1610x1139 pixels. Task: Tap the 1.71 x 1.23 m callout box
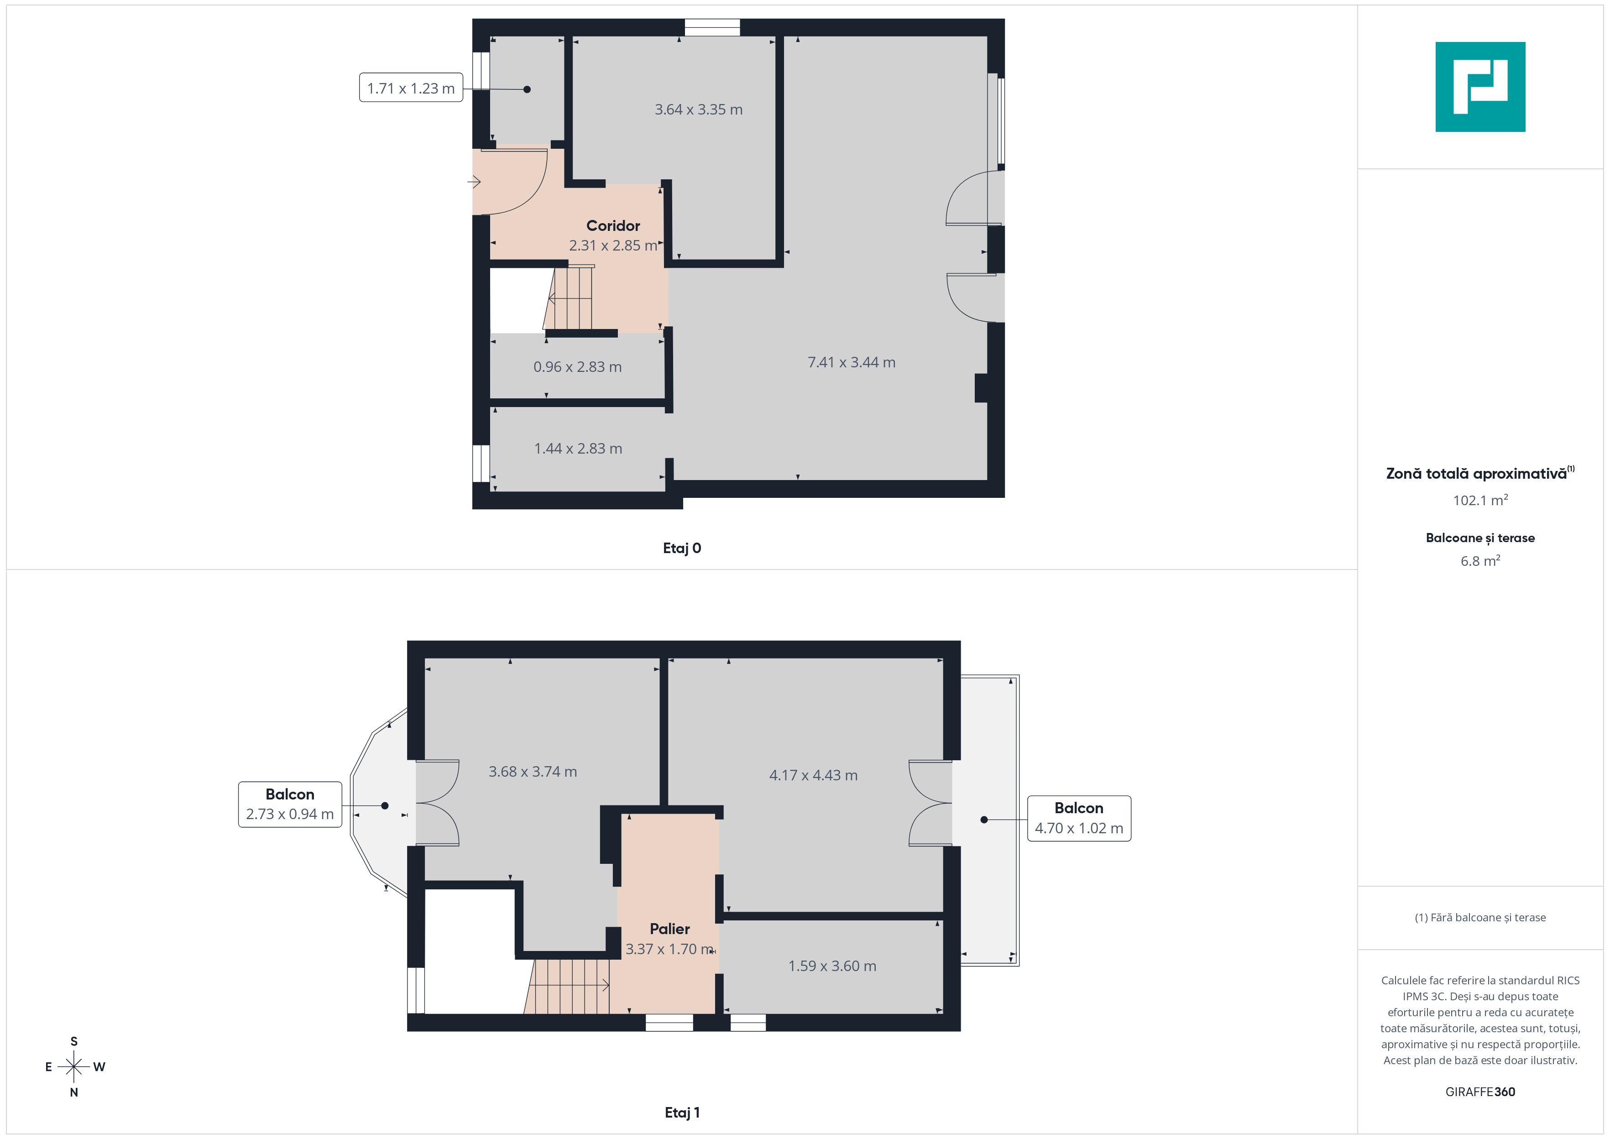[411, 88]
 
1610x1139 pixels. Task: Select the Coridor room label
[613, 226]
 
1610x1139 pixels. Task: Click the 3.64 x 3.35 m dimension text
[698, 110]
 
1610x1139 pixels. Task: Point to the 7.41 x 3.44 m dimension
[851, 363]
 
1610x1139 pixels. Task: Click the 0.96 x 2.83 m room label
[577, 367]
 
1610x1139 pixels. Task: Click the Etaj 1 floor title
[682, 1113]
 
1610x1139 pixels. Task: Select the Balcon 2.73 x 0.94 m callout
[290, 805]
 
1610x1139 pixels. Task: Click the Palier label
[669, 929]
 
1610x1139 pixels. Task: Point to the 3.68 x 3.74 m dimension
[532, 772]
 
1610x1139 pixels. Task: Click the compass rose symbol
[73, 1067]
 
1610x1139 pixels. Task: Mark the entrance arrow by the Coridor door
[475, 183]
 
